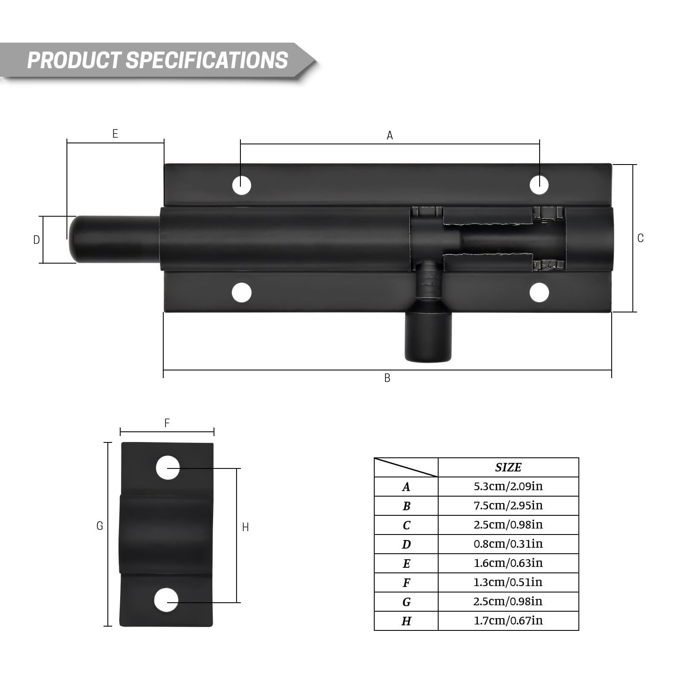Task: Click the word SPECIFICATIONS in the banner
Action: [x=207, y=60]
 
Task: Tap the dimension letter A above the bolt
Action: [x=390, y=136]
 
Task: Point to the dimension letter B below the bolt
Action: [x=387, y=378]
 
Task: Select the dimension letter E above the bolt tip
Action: [x=115, y=134]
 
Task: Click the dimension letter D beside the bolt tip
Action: [x=37, y=240]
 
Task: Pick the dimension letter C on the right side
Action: [x=640, y=238]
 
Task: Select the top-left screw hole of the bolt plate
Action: [x=242, y=185]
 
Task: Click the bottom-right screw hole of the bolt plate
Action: [x=539, y=293]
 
